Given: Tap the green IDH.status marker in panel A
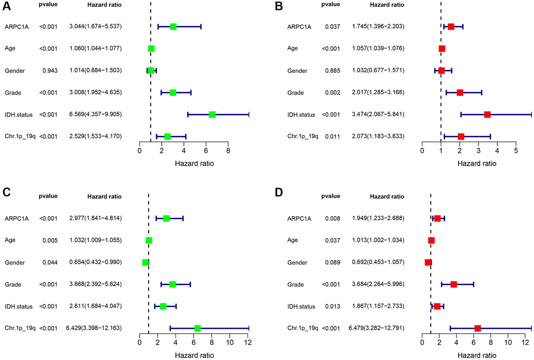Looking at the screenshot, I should (213, 115).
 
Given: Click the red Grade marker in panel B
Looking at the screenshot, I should (460, 93).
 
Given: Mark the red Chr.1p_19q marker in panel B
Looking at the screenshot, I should (461, 137).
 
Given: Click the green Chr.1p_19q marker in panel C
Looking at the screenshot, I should (197, 328).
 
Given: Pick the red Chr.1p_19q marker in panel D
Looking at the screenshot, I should (477, 328).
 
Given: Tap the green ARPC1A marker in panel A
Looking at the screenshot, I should (173, 27).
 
